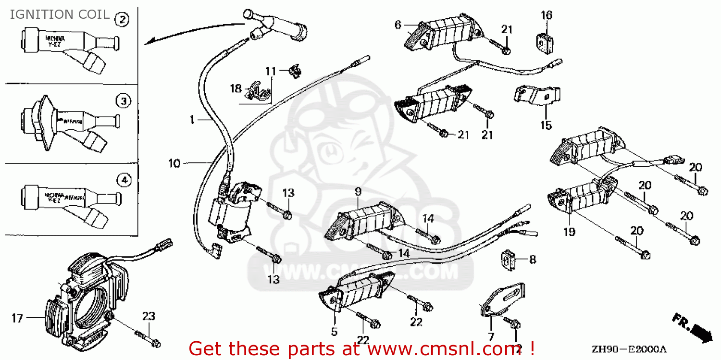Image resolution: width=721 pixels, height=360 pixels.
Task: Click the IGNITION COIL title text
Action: [x=60, y=14]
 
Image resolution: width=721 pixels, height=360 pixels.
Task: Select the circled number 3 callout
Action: [x=123, y=101]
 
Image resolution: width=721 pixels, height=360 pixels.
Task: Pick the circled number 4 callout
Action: [x=124, y=180]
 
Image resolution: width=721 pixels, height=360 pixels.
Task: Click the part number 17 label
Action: [x=17, y=318]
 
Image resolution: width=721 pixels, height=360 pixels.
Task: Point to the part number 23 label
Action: [x=149, y=316]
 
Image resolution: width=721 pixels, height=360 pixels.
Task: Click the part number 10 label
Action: [x=174, y=164]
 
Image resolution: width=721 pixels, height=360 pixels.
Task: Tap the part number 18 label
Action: [x=236, y=88]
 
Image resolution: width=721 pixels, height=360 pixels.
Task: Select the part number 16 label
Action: [x=547, y=15]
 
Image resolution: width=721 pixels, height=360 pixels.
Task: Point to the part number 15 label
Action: [x=546, y=126]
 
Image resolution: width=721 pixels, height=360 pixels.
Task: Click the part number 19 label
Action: [x=570, y=232]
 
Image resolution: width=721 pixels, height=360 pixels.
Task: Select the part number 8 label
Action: [x=532, y=260]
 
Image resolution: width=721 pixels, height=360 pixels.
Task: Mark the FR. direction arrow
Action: [x=693, y=329]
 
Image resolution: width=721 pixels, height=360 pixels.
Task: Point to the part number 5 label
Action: [x=334, y=331]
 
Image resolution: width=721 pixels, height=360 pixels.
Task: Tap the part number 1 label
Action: [x=191, y=120]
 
